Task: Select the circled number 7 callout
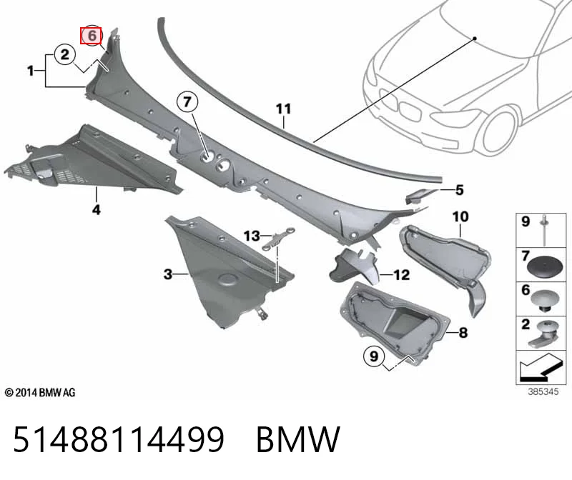pyautogui.click(x=187, y=101)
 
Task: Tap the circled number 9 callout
pyautogui.click(x=374, y=356)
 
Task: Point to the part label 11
pyautogui.click(x=283, y=109)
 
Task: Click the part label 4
pyautogui.click(x=96, y=209)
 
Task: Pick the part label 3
pyautogui.click(x=167, y=274)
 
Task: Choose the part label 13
pyautogui.click(x=252, y=236)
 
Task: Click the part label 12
pyautogui.click(x=401, y=274)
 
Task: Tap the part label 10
pyautogui.click(x=460, y=217)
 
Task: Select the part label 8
pyautogui.click(x=463, y=332)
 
